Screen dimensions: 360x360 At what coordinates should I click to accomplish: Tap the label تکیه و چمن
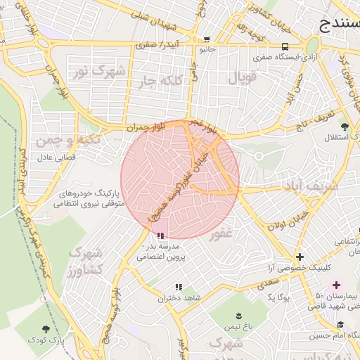click(x=72, y=141)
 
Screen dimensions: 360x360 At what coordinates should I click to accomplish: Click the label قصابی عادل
click(x=56, y=158)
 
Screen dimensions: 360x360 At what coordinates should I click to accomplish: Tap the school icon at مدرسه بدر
click(x=161, y=236)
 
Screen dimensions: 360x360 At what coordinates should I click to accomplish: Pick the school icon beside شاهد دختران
click(x=178, y=287)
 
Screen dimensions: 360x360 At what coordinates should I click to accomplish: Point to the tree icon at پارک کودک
click(x=46, y=328)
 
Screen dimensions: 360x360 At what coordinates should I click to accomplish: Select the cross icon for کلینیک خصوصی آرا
click(x=300, y=257)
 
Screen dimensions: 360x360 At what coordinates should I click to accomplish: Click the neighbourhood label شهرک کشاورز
click(x=86, y=261)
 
